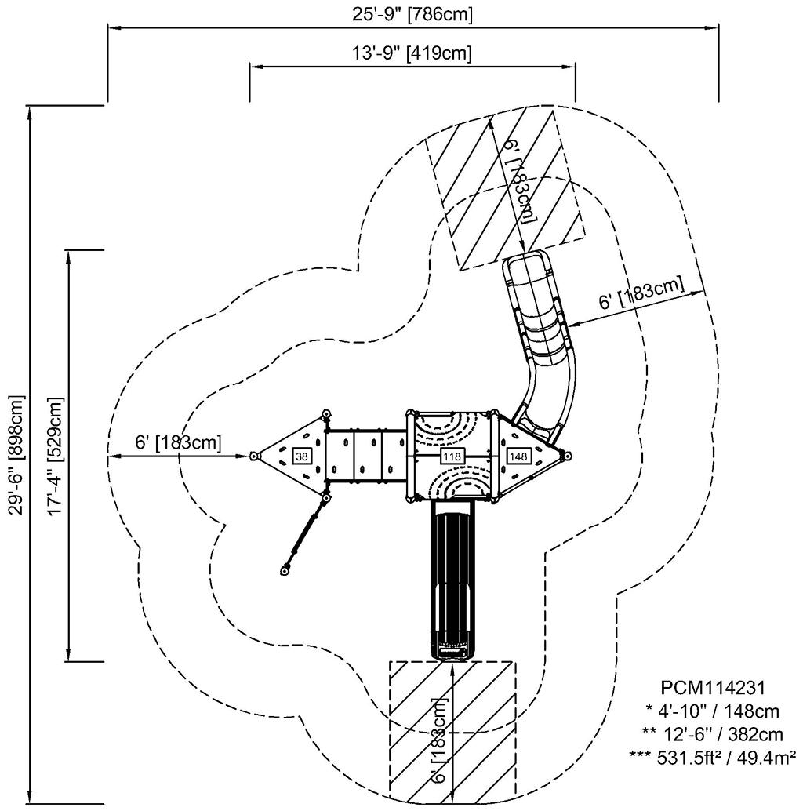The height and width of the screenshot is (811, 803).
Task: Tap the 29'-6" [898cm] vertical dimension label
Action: (14, 454)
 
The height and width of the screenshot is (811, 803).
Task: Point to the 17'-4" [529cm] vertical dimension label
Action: (54, 454)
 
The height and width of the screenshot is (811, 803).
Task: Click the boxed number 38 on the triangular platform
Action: (300, 455)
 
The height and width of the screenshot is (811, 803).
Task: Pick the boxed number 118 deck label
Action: (452, 455)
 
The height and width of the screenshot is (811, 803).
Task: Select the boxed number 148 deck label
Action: (518, 455)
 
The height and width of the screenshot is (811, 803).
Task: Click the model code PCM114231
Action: (711, 688)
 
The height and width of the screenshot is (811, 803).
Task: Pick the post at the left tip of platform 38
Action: (254, 456)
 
